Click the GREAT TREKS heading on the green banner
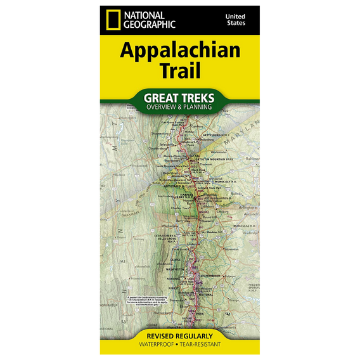click(x=179, y=98)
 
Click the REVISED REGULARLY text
click(x=179, y=335)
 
